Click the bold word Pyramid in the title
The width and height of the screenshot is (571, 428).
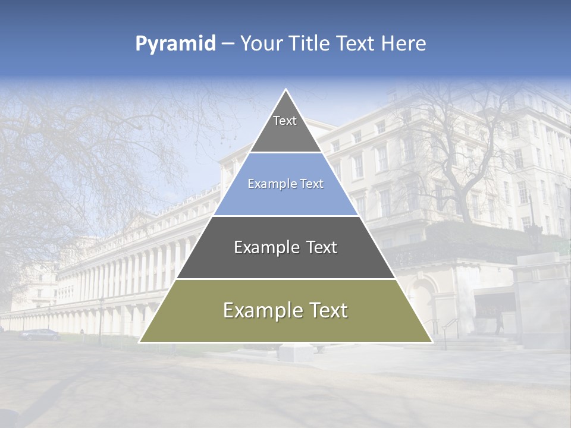(x=175, y=44)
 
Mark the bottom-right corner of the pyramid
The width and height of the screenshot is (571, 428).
(x=431, y=342)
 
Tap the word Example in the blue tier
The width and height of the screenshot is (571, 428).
(x=266, y=184)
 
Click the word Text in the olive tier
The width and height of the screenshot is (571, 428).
(x=324, y=310)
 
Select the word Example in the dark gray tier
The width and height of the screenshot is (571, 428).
(x=261, y=247)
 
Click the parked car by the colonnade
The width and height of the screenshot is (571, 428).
(x=40, y=334)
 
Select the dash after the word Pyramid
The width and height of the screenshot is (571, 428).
(x=228, y=44)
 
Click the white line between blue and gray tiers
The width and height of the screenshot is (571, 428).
(x=285, y=216)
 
